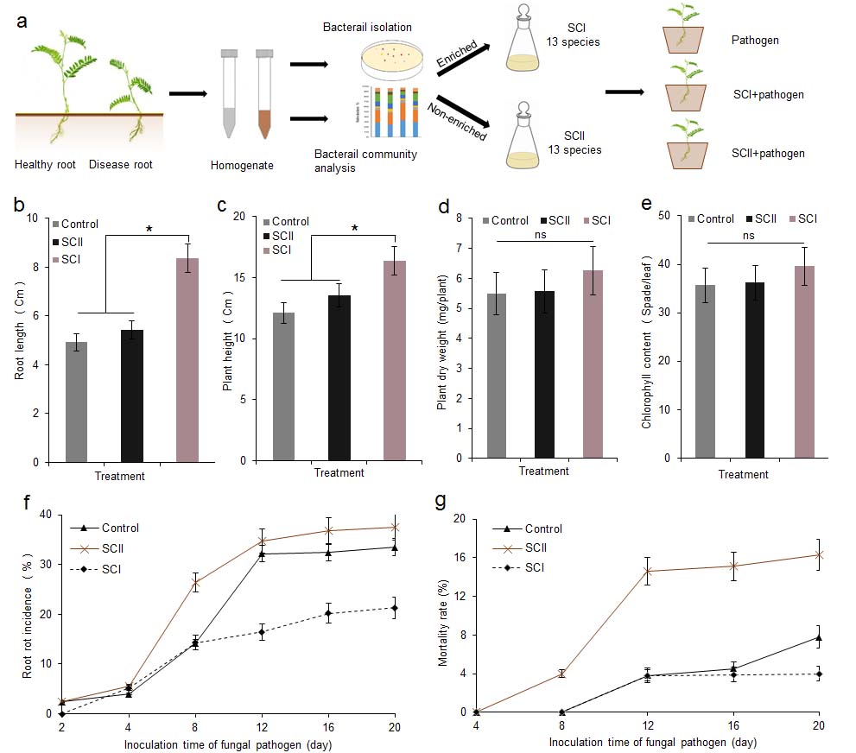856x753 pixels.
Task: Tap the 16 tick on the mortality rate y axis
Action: [x=459, y=558]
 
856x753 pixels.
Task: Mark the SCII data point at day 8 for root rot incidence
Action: [x=196, y=582]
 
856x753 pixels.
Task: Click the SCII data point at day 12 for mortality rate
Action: [x=649, y=571]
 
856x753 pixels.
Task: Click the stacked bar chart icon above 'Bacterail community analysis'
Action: [x=389, y=112]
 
